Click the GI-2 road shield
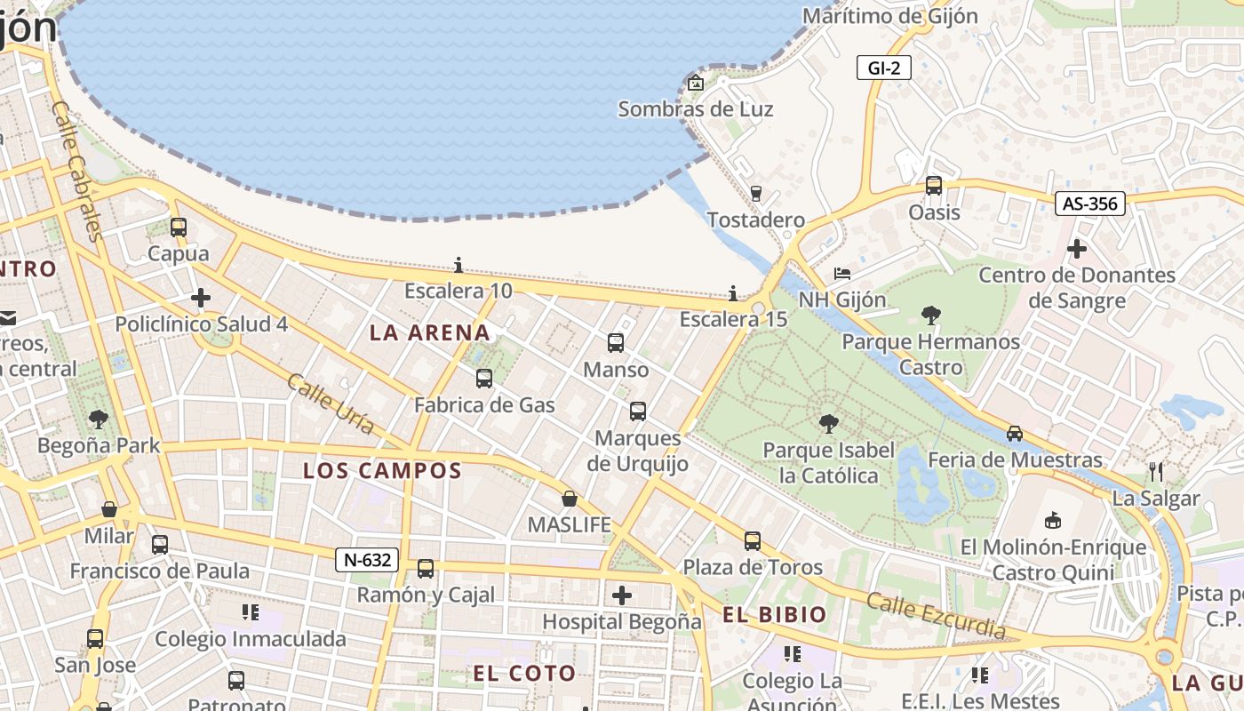883,68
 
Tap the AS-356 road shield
1090,204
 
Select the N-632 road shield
366,560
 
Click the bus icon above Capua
179,228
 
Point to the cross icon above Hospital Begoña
622,595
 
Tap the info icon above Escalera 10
459,265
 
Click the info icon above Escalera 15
733,293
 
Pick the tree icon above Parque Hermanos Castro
931,315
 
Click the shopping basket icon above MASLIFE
570,499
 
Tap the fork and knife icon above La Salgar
1156,471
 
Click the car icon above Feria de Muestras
1015,434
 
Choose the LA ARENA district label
430,333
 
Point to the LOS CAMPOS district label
382,471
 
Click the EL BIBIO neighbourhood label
775,614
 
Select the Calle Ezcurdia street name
937,616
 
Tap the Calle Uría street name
331,403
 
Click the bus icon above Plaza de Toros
753,540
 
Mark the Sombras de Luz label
696,109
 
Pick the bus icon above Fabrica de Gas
484,379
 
